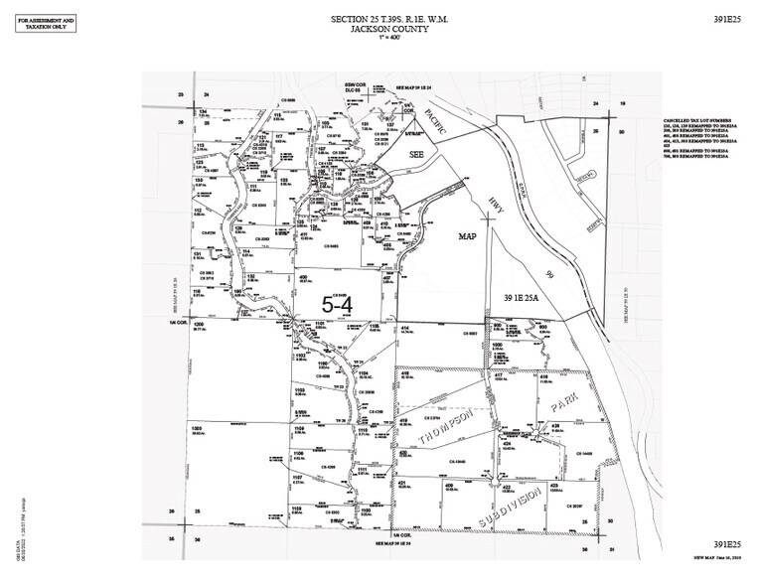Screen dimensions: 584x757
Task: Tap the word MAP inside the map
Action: click(x=469, y=238)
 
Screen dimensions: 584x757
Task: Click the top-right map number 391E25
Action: click(x=729, y=20)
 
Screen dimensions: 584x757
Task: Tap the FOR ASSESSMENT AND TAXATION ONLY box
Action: click(x=44, y=23)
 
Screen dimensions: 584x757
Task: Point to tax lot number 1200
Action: click(x=199, y=325)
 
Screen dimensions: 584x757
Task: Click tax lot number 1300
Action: click(x=198, y=427)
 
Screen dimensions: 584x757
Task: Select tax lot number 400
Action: click(x=302, y=277)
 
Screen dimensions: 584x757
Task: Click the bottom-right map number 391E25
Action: click(x=729, y=544)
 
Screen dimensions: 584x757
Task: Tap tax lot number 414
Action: click(x=405, y=326)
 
